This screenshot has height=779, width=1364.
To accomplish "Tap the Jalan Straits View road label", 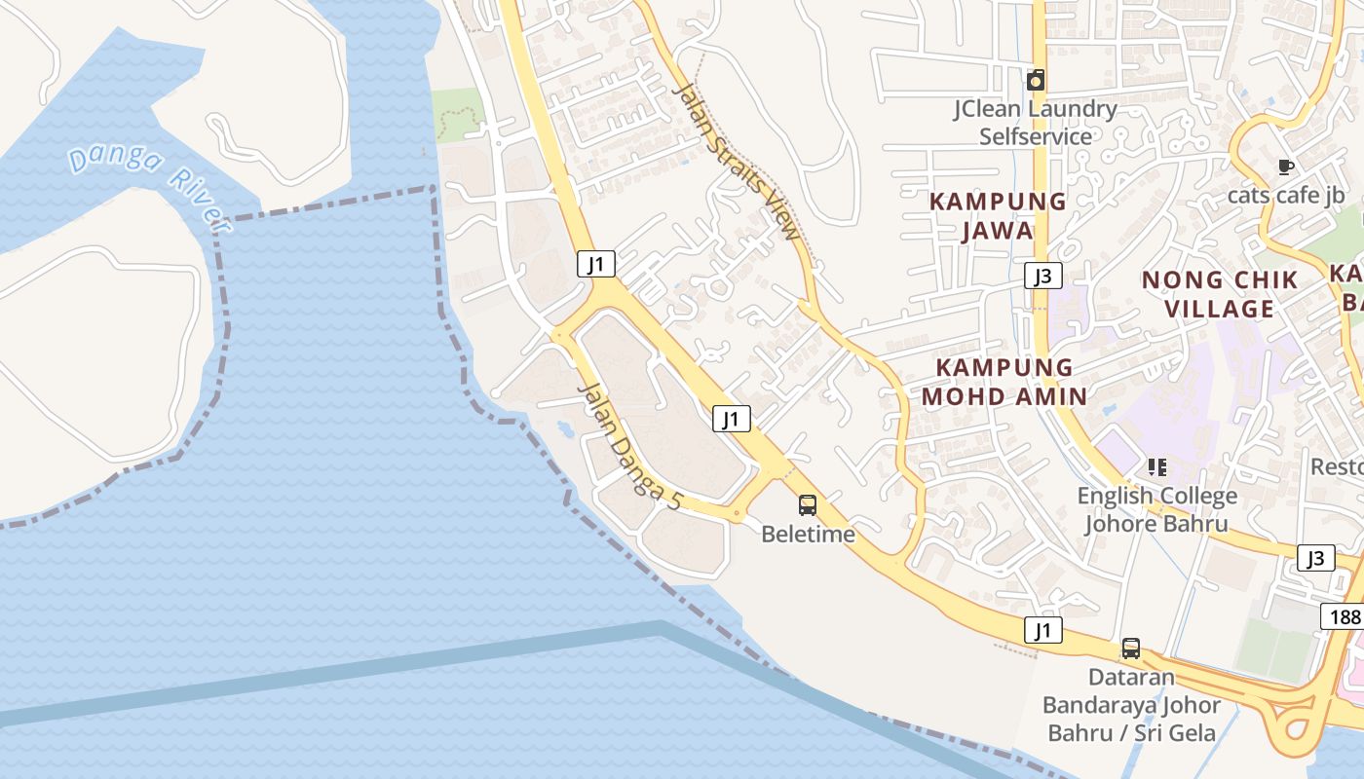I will (x=737, y=162).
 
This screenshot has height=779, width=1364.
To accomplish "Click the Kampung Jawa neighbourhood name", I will (x=998, y=215).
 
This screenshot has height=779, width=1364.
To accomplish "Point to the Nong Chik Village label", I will (x=1220, y=294).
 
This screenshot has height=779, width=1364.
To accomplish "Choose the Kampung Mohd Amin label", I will (x=1004, y=382).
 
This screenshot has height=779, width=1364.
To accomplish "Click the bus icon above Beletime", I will (x=808, y=504).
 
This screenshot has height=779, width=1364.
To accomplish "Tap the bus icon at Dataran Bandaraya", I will (x=1130, y=648).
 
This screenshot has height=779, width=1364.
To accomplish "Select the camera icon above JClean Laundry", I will (x=1036, y=80).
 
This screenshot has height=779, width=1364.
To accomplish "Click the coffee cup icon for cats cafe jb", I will (x=1286, y=167).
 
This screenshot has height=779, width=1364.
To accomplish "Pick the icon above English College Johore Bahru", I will (x=1156, y=467).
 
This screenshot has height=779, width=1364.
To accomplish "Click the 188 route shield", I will (x=1343, y=616).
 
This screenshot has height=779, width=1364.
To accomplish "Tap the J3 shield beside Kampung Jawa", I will (x=1042, y=276).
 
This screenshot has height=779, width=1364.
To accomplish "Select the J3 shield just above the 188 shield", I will (x=1315, y=558).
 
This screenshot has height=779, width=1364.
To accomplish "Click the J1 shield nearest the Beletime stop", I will (x=731, y=419).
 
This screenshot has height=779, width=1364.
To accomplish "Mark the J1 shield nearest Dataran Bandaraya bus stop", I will (x=1042, y=630).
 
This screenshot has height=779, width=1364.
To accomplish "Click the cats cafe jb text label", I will (x=1286, y=195).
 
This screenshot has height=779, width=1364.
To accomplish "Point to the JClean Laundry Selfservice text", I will (x=1035, y=122).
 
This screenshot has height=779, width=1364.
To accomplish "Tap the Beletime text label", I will (x=808, y=534).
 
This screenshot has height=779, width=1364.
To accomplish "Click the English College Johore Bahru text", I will (x=1156, y=509).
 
